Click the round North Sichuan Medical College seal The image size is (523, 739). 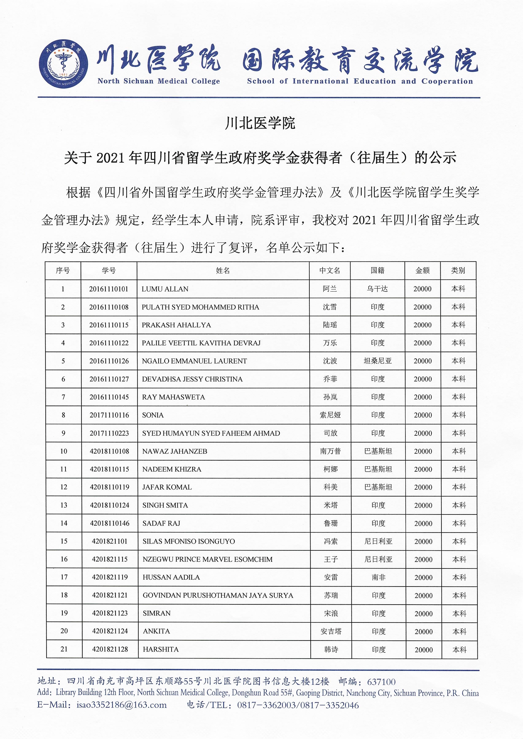click(63, 64)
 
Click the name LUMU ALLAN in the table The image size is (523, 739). click(165, 289)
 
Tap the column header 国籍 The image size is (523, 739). click(377, 271)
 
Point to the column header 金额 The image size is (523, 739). click(423, 271)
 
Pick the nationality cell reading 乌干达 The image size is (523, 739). click(377, 289)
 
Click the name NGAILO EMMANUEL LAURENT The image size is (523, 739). click(194, 361)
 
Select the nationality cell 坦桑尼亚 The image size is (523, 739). click(378, 361)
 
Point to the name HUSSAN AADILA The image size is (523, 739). click(171, 577)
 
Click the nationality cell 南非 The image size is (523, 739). click(378, 577)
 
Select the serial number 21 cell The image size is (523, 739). click(64, 649)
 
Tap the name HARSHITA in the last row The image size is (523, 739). click(161, 650)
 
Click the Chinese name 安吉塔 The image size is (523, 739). click(331, 631)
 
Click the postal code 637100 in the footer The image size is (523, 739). click(381, 682)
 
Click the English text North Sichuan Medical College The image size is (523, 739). click(159, 81)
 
